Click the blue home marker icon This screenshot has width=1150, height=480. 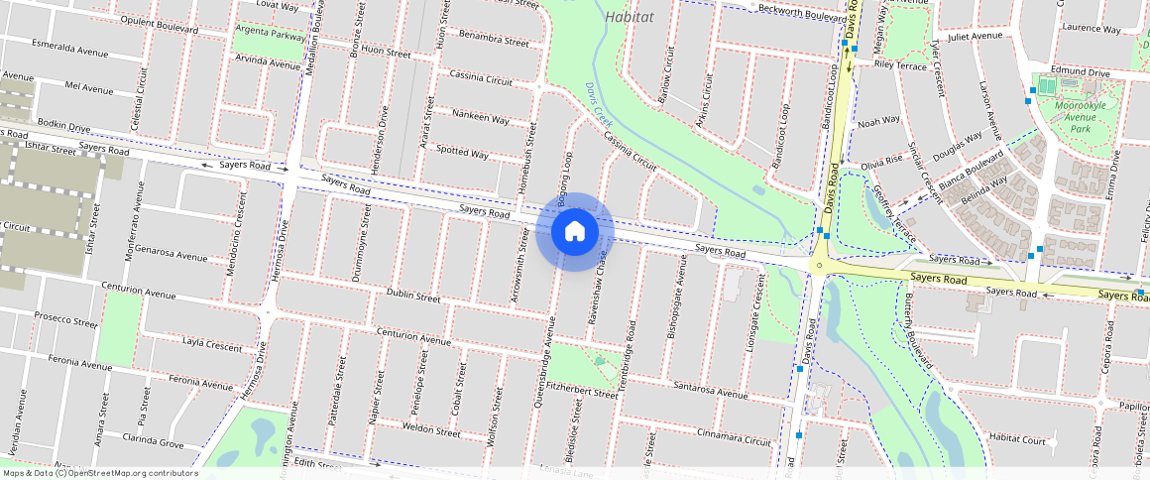(x=575, y=232)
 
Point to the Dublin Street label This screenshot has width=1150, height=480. (x=412, y=297)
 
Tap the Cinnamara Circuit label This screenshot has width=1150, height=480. (x=734, y=435)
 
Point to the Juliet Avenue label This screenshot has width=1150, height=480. (x=976, y=36)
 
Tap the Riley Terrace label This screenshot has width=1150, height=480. (x=900, y=65)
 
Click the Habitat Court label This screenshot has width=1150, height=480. (x=1017, y=438)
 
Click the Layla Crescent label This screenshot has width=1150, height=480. (x=212, y=346)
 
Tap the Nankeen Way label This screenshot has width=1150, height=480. (x=480, y=118)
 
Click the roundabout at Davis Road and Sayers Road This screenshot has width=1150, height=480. (x=819, y=265)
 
